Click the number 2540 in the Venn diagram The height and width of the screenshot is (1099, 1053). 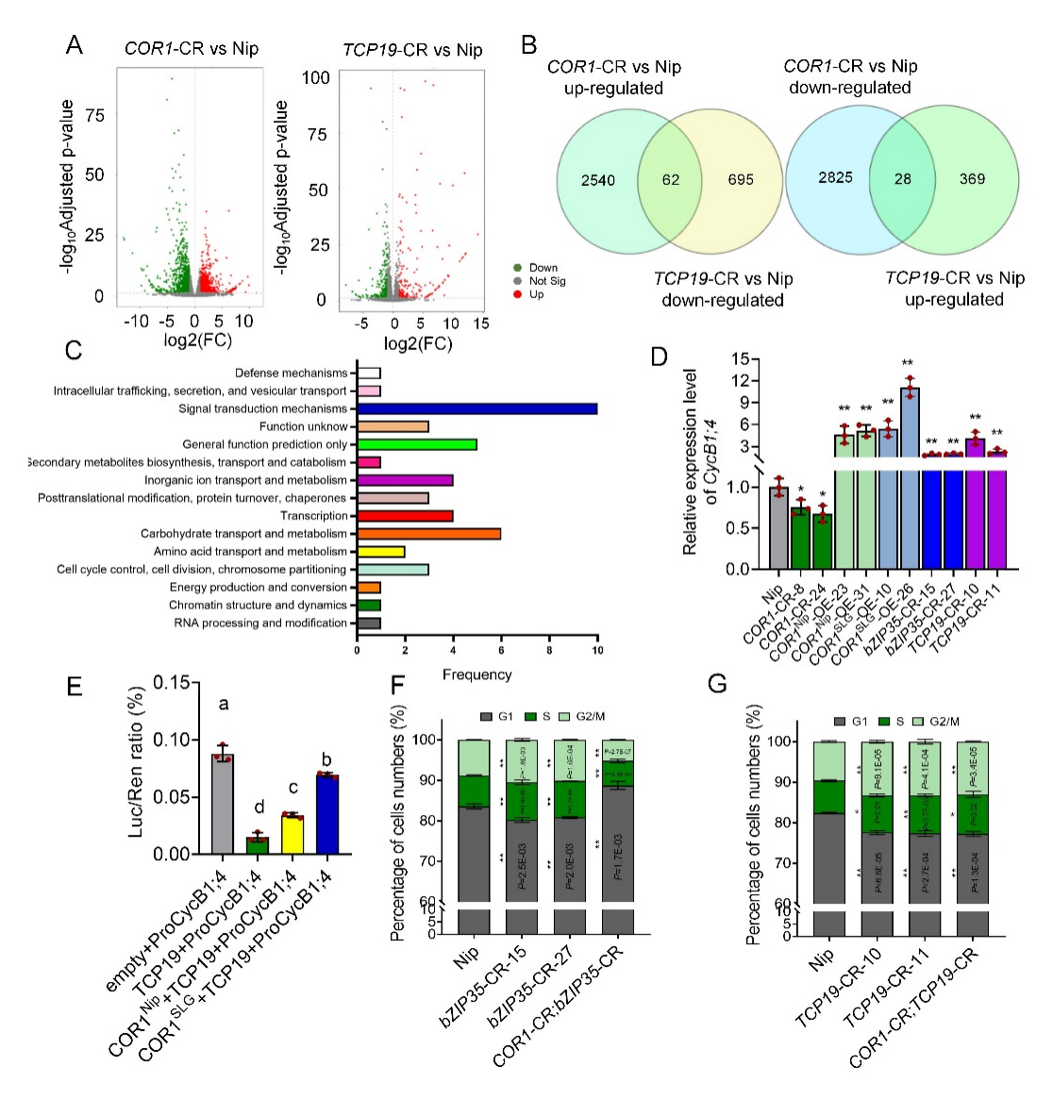[598, 180]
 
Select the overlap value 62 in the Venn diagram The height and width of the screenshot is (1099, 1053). [671, 180]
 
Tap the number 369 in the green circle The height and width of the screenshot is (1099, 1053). [972, 179]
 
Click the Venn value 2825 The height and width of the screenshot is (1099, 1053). [835, 177]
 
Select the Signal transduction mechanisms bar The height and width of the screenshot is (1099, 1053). [477, 408]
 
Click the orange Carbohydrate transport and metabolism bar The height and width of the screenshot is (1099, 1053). [429, 534]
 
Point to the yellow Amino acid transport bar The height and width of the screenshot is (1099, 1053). [381, 552]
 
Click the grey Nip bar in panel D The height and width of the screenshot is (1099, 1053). [778, 528]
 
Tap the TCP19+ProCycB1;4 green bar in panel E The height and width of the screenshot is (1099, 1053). [258, 845]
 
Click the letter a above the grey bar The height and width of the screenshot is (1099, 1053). [224, 705]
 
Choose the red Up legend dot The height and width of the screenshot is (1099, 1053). [517, 294]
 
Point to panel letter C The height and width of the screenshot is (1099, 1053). [74, 351]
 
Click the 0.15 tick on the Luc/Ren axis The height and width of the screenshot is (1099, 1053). [170, 683]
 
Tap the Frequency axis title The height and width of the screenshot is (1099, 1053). [477, 674]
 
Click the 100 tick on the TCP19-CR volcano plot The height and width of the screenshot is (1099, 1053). [315, 78]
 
